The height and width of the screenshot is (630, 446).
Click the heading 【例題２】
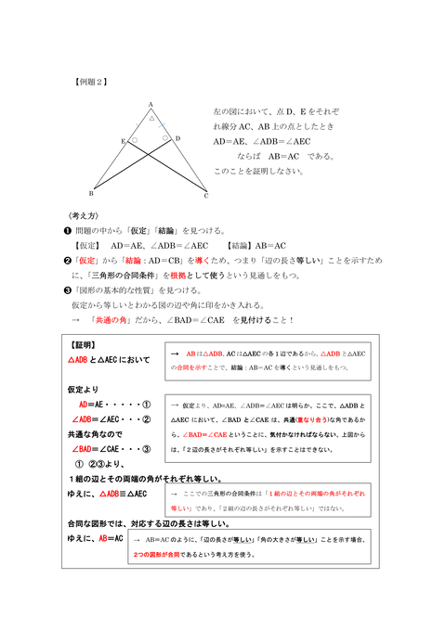(x=90, y=82)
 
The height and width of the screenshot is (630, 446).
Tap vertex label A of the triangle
(x=151, y=105)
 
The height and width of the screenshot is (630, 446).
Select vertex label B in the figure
(x=91, y=194)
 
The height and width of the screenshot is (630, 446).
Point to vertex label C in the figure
(x=206, y=197)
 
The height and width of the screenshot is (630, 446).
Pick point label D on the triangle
(x=177, y=138)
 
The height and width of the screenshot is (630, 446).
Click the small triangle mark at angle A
(x=151, y=118)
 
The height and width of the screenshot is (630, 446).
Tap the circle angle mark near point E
(x=135, y=141)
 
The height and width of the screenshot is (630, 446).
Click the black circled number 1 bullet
(x=67, y=230)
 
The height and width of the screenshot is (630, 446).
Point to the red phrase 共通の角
(x=111, y=320)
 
